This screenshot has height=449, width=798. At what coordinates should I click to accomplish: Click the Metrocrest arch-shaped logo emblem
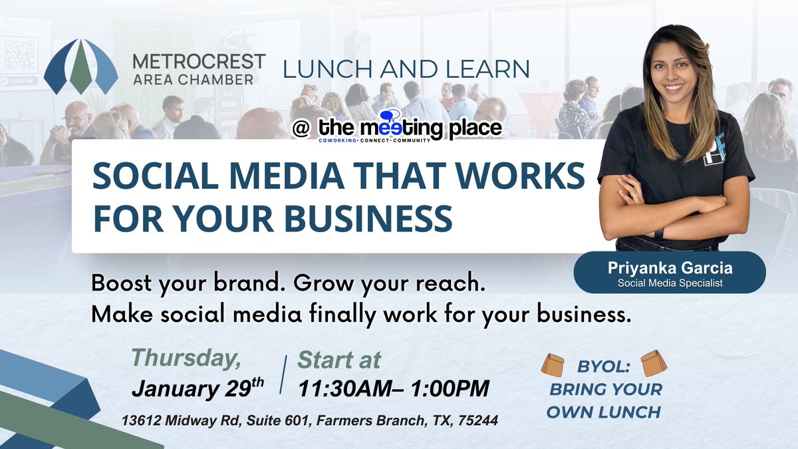point(80,67)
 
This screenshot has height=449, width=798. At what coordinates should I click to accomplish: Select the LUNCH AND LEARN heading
point(406,69)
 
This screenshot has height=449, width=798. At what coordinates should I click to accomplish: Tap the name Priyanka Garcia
point(669,268)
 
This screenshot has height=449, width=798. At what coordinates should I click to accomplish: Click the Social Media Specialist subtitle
point(669,283)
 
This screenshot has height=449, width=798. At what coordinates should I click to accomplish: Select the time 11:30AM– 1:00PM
point(394,388)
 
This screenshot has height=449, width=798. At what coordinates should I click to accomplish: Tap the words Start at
point(339,360)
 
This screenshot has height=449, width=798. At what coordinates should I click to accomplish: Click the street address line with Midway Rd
point(310,421)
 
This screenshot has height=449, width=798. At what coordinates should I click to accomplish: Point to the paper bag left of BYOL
point(552,364)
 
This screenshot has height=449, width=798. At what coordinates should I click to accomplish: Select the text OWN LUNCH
point(603,412)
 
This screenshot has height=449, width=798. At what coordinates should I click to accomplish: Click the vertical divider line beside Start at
point(285,374)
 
